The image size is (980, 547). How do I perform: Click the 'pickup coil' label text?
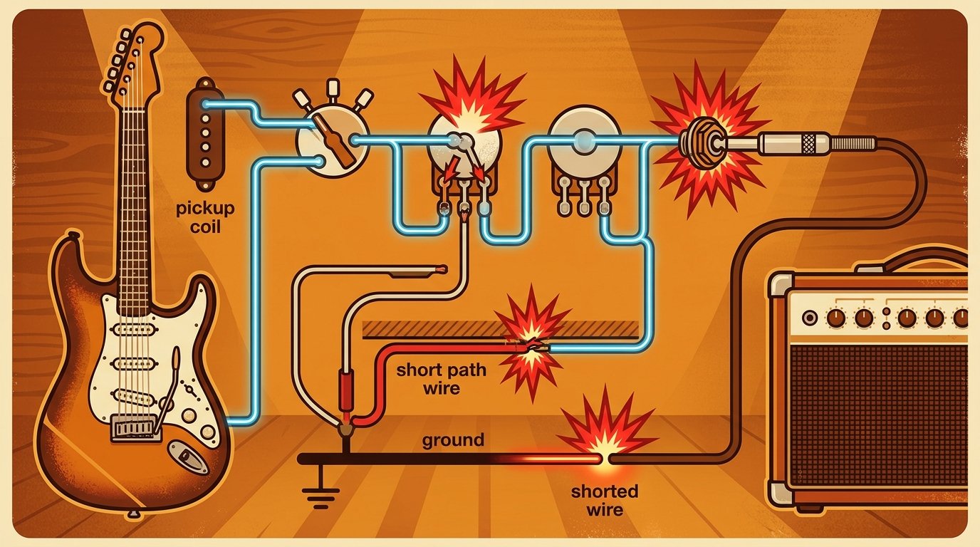tap(205, 217)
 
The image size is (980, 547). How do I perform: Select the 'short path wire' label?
tap(441, 379)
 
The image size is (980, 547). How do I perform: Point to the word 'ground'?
tap(453, 440)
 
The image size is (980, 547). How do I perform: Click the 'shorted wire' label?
tap(605, 501)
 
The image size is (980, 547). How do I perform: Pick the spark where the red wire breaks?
tap(531, 343)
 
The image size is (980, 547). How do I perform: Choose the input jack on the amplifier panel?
tap(810, 317)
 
